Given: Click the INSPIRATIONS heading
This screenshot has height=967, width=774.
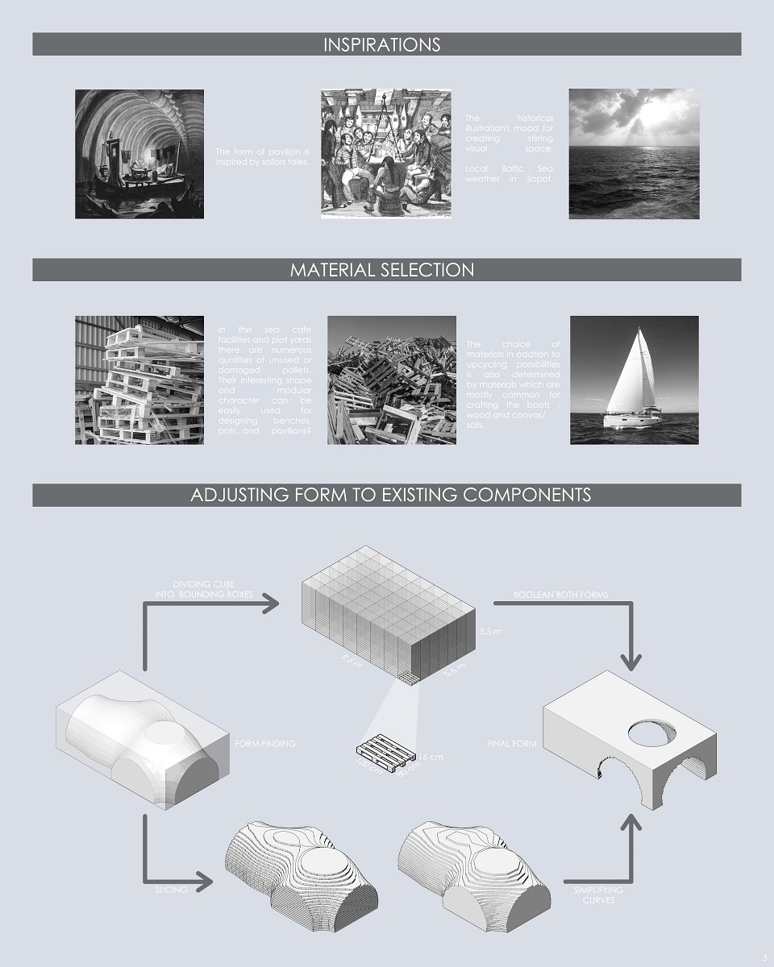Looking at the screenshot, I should [382, 44].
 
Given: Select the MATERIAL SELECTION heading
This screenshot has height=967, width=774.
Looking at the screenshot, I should [382, 270].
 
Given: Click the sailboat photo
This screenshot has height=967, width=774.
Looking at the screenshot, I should [634, 380].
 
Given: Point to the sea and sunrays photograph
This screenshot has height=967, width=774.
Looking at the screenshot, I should [634, 154].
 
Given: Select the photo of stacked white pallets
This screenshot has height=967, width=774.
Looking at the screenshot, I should [139, 380].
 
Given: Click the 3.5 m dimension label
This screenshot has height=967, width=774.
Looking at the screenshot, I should [489, 631].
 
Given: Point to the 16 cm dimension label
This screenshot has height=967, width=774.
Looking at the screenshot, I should [431, 757].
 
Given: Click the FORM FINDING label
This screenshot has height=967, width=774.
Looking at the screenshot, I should [264, 744].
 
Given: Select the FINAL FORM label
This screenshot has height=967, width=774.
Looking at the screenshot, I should [512, 744].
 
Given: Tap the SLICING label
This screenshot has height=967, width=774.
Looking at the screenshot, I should [171, 890].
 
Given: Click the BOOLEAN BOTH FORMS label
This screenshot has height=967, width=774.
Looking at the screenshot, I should [560, 595].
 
